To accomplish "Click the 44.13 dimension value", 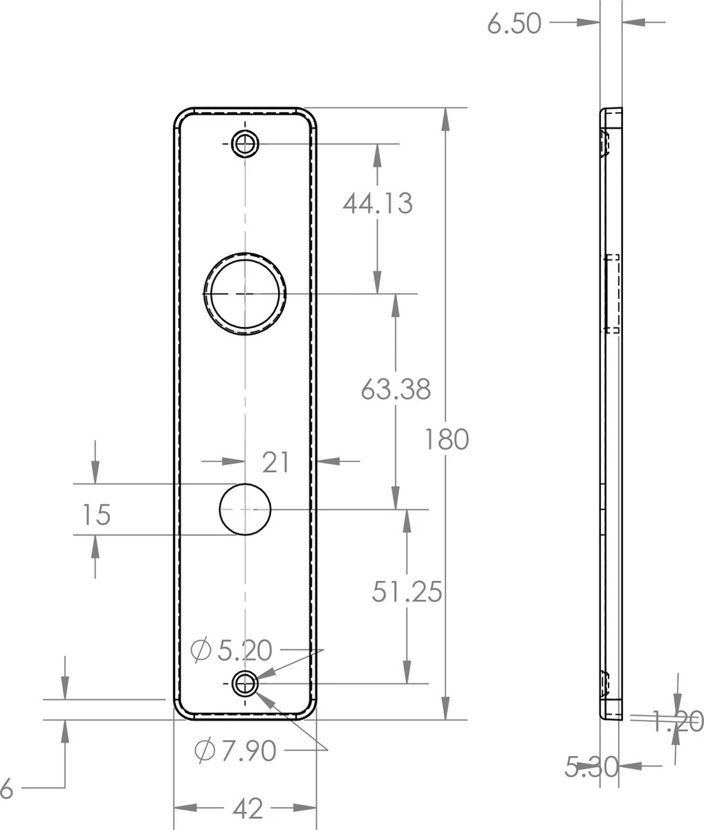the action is pyautogui.click(x=378, y=203).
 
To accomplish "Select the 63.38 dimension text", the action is pyautogui.click(x=396, y=389).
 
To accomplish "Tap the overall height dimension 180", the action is pyautogui.click(x=447, y=439).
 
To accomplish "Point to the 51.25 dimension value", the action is pyautogui.click(x=407, y=591).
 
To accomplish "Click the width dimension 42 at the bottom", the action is pyautogui.click(x=248, y=808).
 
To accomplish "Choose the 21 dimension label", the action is pyautogui.click(x=276, y=462).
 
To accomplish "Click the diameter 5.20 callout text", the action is pyautogui.click(x=244, y=650).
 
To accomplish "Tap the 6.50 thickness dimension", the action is pyautogui.click(x=514, y=24).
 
